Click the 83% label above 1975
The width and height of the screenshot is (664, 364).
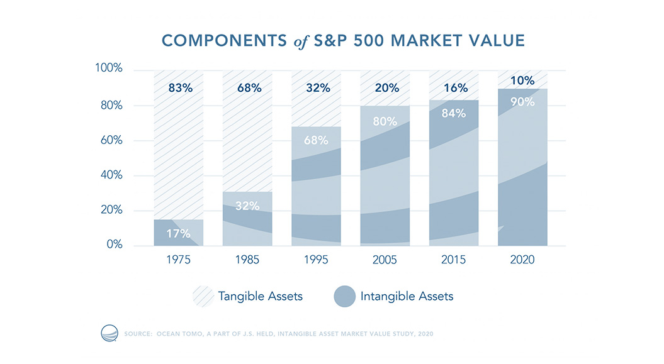[x=180, y=88]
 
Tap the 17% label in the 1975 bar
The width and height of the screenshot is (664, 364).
[x=179, y=234]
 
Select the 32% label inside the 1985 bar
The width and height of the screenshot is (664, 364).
[x=248, y=206]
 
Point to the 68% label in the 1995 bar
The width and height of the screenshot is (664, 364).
[x=317, y=140]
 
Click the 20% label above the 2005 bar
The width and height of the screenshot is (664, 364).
[x=386, y=88]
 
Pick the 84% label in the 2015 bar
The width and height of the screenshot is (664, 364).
[x=454, y=114]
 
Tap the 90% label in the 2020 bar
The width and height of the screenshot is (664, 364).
[x=522, y=102]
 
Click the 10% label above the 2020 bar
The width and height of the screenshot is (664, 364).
[x=522, y=81]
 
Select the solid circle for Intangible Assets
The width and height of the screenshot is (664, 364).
[x=344, y=295]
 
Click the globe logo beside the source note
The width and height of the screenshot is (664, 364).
[x=110, y=333]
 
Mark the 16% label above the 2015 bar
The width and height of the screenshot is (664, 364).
[x=454, y=88]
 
